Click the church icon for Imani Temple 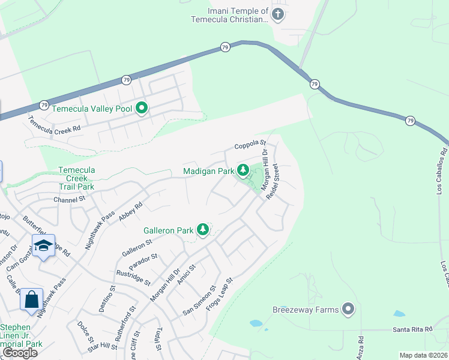277,14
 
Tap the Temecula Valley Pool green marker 142,108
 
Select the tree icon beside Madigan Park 243,171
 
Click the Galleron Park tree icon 203,230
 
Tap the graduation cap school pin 44,245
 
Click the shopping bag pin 31,298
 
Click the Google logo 19,353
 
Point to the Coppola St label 250,145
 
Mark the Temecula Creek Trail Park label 76,178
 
